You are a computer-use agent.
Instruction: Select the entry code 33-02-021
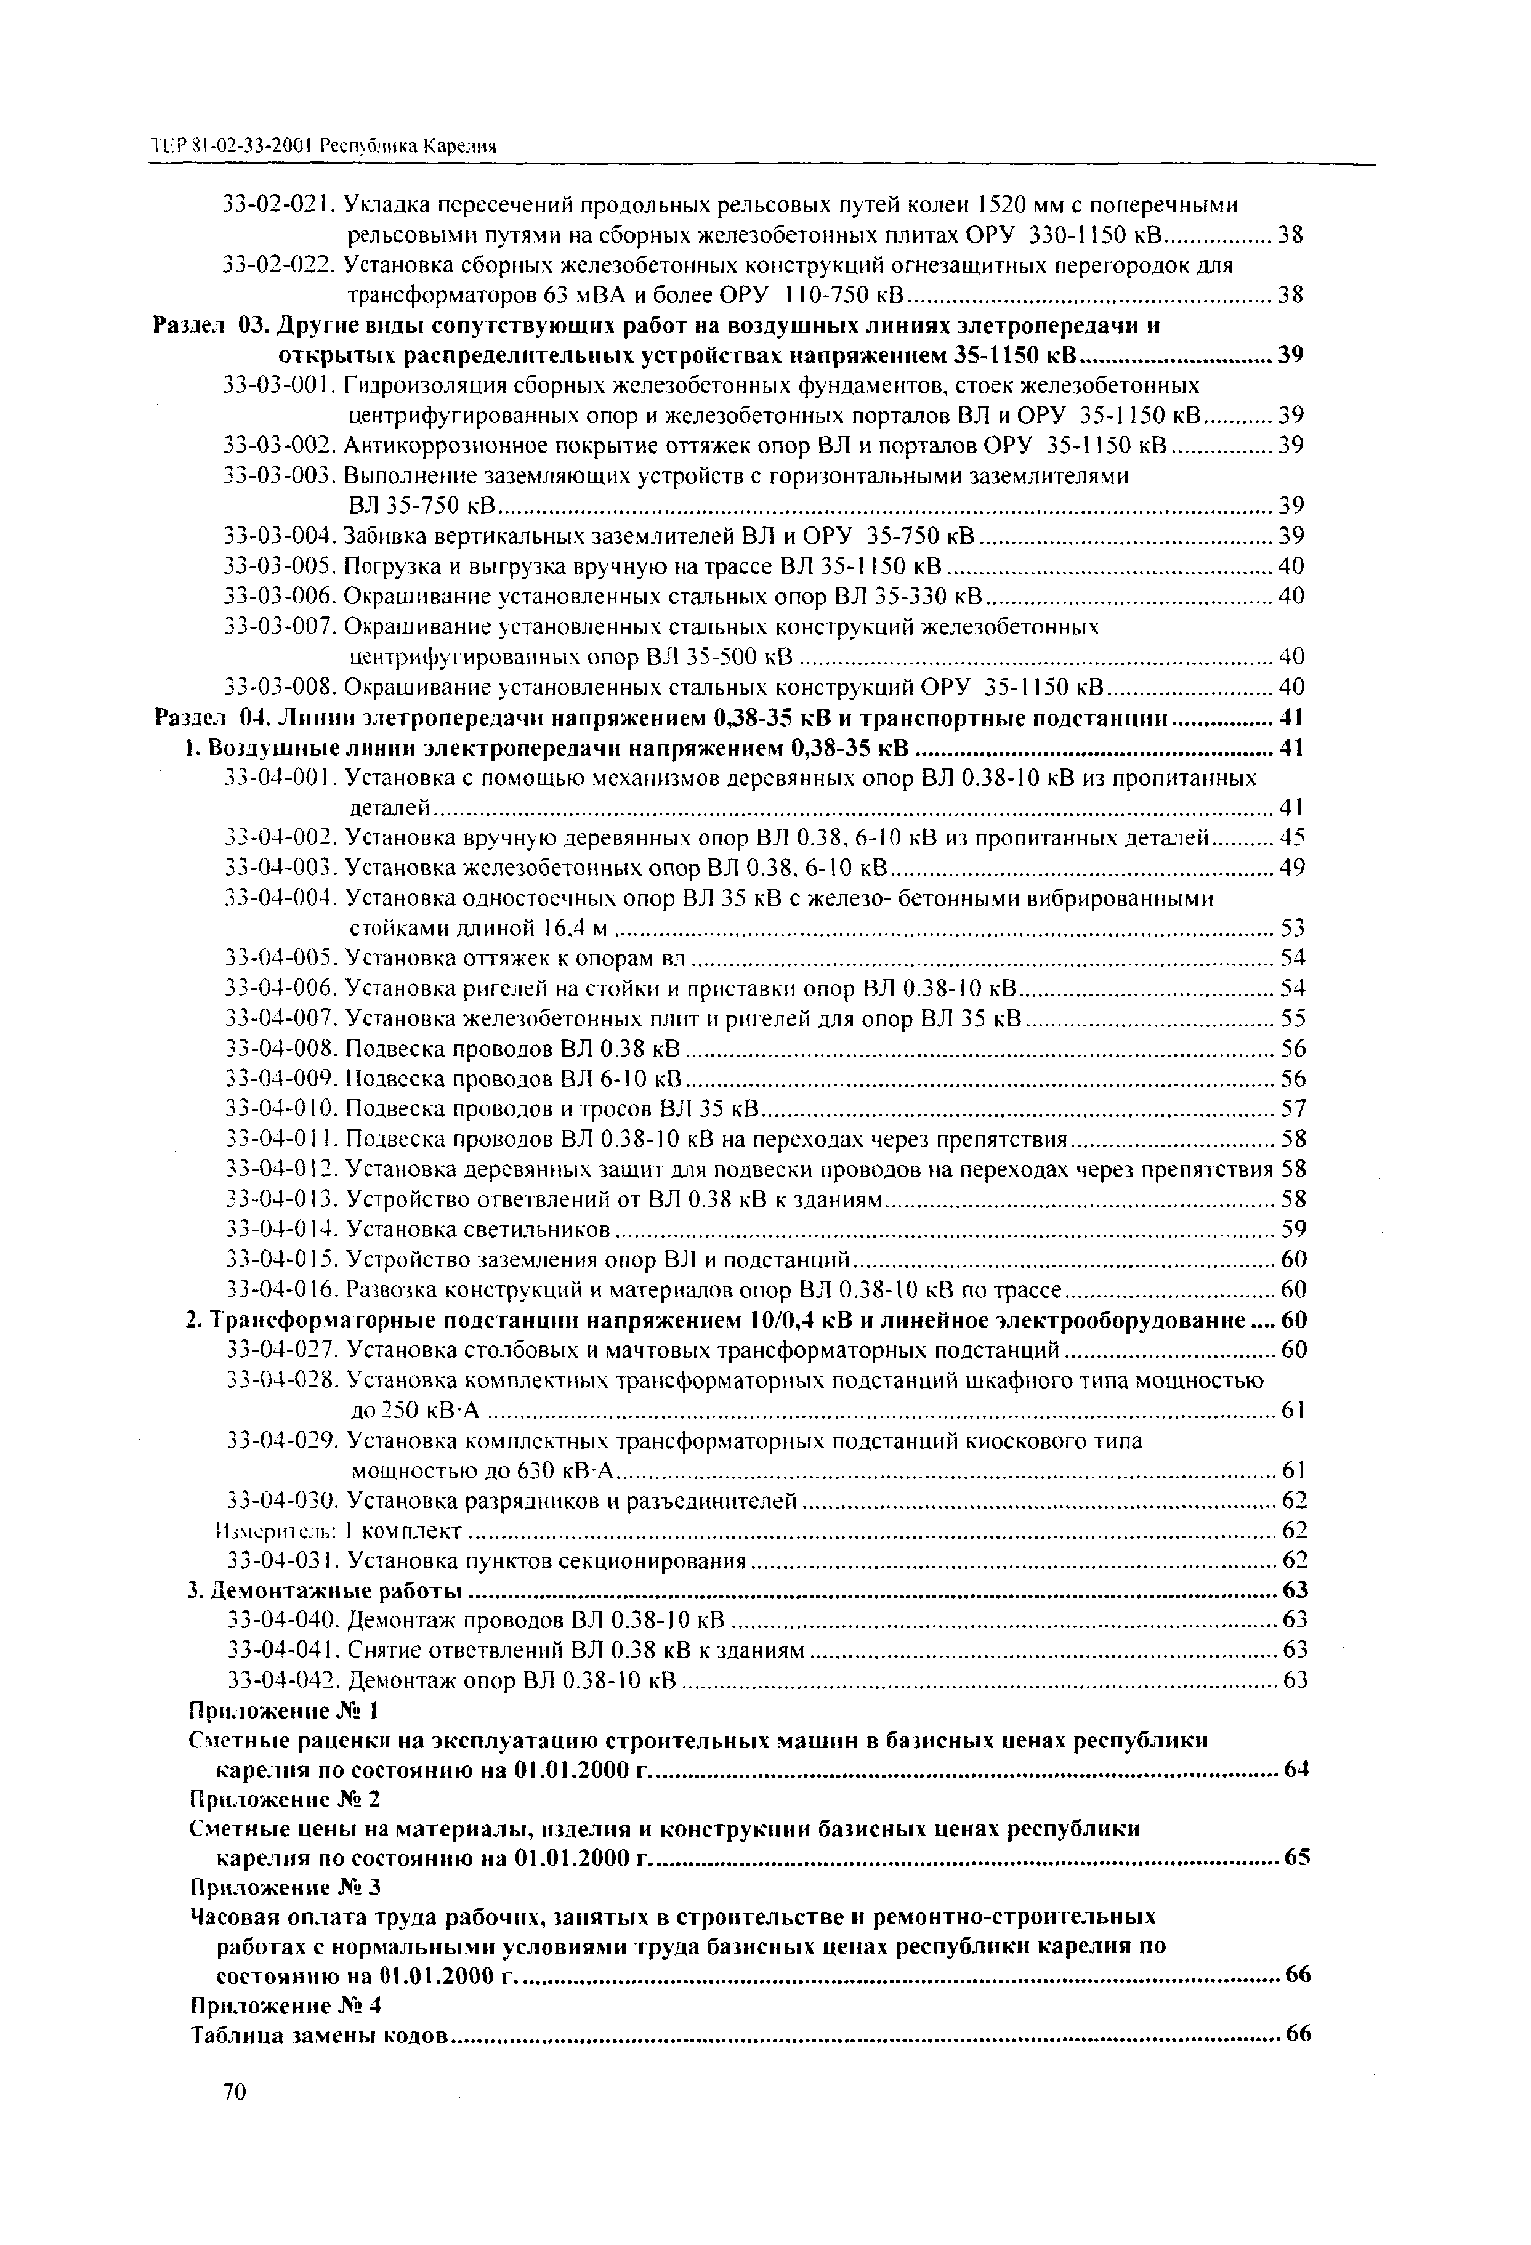(x=278, y=205)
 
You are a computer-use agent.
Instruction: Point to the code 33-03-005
(x=279, y=565)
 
